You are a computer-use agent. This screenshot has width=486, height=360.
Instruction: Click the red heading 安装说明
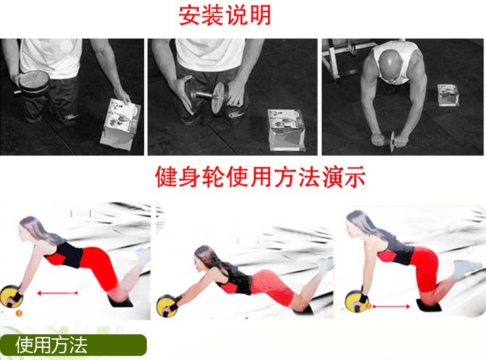[x=225, y=16]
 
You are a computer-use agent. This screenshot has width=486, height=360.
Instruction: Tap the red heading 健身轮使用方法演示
[x=261, y=177]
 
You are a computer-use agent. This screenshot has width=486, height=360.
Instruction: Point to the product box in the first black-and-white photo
[x=120, y=125]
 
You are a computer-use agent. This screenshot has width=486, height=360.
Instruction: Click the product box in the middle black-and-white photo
[x=286, y=130]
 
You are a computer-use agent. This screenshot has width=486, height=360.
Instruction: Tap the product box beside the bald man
[x=448, y=95]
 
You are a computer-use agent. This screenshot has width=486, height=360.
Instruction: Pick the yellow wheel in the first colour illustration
[x=11, y=296]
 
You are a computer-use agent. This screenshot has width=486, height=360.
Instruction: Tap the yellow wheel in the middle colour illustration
[x=167, y=306]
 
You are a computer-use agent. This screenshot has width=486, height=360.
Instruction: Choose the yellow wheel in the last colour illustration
[x=356, y=301]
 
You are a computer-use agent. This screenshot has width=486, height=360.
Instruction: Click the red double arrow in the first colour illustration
[x=58, y=293]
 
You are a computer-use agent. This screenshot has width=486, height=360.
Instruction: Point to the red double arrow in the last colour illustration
[x=391, y=307]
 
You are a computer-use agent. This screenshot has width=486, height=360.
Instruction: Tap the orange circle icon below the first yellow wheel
[x=19, y=313]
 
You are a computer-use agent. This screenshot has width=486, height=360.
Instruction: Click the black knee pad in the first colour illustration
[x=120, y=301]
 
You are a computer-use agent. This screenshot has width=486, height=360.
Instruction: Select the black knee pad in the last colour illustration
[x=428, y=307]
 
